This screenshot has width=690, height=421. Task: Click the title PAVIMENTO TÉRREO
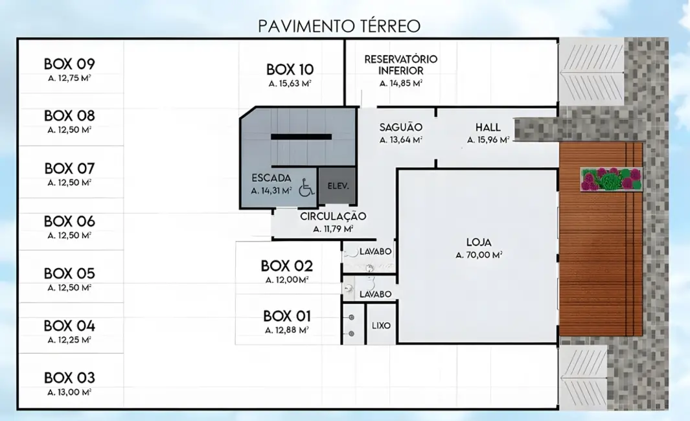[339, 26]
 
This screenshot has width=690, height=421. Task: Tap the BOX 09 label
[69, 64]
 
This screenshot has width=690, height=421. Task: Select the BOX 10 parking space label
[290, 69]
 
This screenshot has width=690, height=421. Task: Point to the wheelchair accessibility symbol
[306, 188]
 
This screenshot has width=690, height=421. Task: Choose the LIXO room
[381, 325]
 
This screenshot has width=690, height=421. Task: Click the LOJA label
[479, 242]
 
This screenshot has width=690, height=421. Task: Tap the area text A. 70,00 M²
[479, 255]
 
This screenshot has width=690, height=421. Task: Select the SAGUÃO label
[400, 127]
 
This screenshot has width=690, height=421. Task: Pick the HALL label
[488, 127]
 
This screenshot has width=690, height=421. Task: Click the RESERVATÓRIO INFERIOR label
[400, 65]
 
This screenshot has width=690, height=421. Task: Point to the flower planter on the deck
[611, 179]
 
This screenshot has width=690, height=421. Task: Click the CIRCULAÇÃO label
[333, 216]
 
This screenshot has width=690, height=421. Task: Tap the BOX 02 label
[287, 266]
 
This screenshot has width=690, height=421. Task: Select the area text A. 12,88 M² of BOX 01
[287, 330]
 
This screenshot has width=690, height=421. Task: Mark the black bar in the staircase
[301, 137]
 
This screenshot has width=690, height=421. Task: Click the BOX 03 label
[69, 378]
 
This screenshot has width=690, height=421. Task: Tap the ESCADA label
[271, 177]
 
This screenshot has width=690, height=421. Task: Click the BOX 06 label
[69, 221]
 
